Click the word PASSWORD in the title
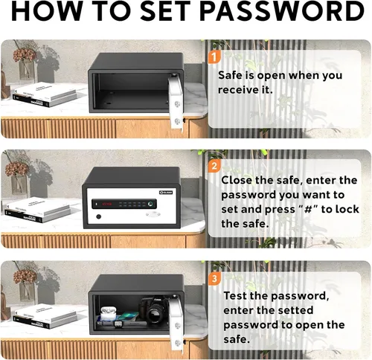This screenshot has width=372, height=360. click(282, 12)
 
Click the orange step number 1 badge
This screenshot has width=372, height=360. click(214, 57)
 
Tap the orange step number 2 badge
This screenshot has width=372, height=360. click(214, 166)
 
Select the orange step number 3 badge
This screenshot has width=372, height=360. click(214, 279)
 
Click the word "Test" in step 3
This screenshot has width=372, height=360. click(235, 296)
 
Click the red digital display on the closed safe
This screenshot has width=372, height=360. click(107, 205)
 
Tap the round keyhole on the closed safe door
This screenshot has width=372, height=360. click(99, 216)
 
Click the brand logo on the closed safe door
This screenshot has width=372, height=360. click(166, 193)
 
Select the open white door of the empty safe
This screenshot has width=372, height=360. click(176, 102)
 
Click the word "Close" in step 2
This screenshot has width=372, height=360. click(237, 180)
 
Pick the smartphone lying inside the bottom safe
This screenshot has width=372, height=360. click(128, 316)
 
